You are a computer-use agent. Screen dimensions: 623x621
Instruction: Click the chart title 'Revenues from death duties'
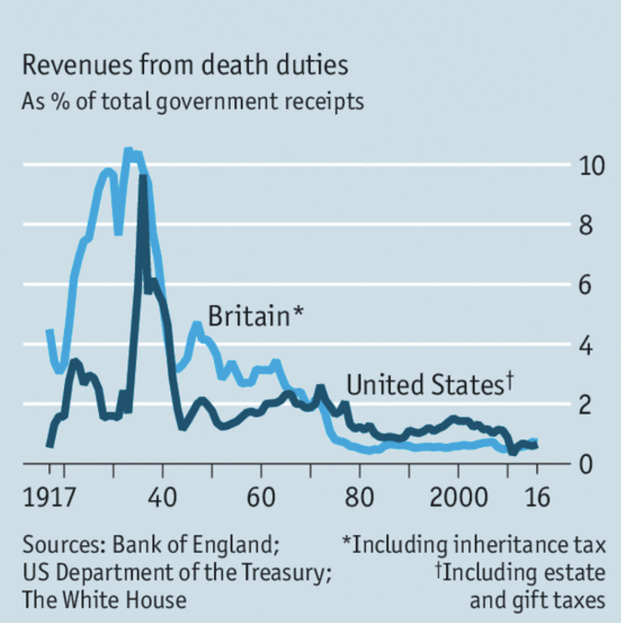tap(185, 65)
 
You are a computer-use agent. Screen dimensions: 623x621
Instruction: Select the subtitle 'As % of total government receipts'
tap(193, 101)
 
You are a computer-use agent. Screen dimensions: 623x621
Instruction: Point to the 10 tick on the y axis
tap(590, 165)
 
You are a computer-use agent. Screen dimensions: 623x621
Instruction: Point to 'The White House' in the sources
tap(104, 600)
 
